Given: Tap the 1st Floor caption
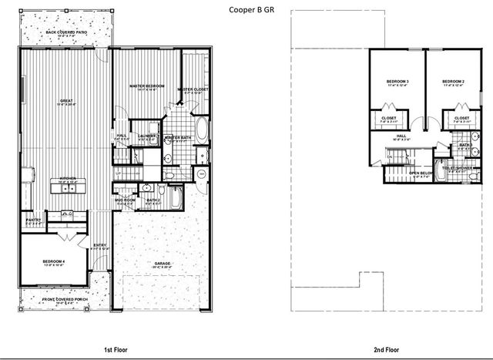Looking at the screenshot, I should [116, 349].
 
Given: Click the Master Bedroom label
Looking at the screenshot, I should [144, 86].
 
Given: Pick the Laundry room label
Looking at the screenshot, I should [147, 137].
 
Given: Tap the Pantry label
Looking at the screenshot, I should [32, 221].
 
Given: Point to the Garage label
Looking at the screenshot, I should [163, 264].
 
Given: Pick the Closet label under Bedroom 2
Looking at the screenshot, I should [461, 119].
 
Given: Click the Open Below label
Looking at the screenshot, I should [421, 173].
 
